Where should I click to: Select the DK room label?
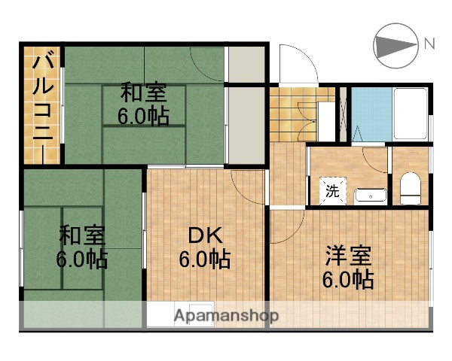coord(204,236)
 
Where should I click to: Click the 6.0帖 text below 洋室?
coord(349,280)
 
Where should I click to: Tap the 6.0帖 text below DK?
coord(204,260)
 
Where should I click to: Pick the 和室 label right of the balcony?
coord(143,93)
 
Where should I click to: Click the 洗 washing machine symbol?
coord(332,191)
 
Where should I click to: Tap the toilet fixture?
coord(411,188)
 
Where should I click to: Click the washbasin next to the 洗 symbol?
coord(370,196)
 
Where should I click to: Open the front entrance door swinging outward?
coord(296,64)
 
